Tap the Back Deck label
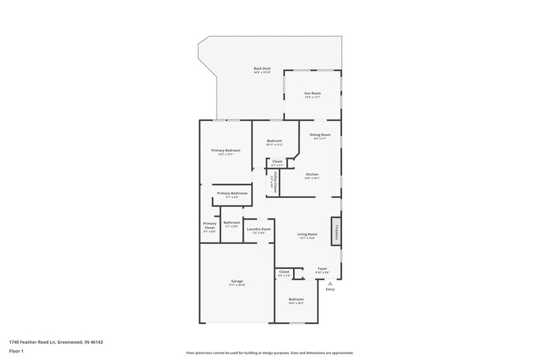point(262,69)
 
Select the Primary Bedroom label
point(226,150)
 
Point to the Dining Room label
point(320,134)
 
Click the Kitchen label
point(311,174)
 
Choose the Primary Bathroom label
point(232,193)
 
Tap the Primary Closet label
point(209,226)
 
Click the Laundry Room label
point(259,229)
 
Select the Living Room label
point(307,234)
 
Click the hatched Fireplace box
point(334,230)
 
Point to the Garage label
point(237,281)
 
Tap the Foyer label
point(322,269)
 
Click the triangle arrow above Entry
point(330,283)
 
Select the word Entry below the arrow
point(330,289)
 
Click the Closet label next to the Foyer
point(284,272)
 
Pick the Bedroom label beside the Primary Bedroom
point(274,140)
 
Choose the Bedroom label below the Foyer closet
point(296,299)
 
